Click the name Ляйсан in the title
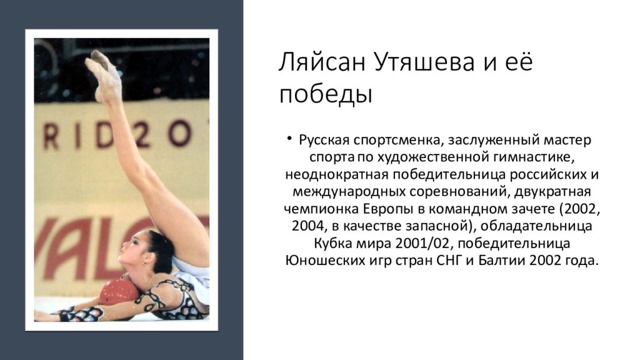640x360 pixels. point(322,62)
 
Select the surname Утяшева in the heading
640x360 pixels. point(424,62)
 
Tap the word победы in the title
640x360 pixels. point(326,94)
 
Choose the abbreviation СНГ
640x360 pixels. point(449,261)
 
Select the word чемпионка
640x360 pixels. point(321,209)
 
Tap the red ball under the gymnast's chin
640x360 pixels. point(119,292)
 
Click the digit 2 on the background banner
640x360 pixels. point(143,135)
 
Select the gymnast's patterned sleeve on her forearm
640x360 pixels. point(82,314)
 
